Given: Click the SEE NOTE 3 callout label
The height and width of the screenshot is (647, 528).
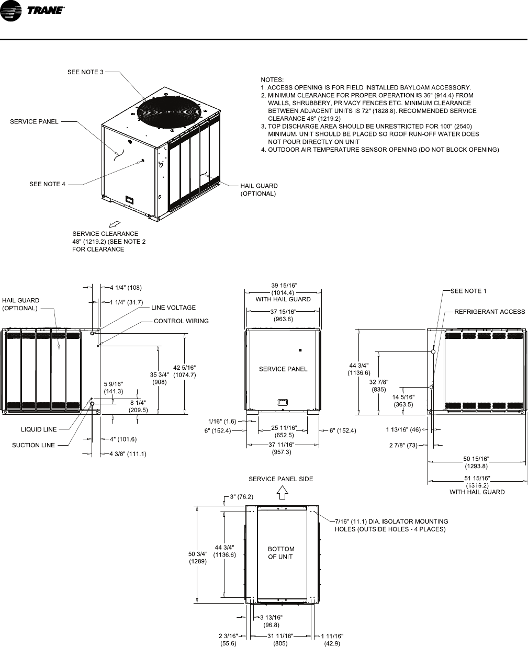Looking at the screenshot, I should (85, 72).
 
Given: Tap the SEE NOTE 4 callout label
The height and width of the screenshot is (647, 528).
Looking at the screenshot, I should (48, 184).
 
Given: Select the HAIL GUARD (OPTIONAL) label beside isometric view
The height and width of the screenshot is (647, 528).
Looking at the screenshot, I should (259, 189).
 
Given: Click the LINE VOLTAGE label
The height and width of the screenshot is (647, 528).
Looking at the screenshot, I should (173, 308).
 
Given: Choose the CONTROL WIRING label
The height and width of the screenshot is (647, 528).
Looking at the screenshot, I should (181, 321).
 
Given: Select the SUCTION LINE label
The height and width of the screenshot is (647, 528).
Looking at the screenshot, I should (33, 445).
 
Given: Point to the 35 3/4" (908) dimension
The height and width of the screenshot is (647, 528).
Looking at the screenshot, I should (159, 378).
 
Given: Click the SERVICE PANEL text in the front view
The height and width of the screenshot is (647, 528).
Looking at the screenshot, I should (283, 369).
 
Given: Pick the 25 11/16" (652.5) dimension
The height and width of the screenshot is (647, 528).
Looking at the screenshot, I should (285, 431).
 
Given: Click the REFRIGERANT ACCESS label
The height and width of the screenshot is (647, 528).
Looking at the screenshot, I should (489, 312).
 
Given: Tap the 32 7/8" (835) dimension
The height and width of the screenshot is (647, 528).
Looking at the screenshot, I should (378, 385).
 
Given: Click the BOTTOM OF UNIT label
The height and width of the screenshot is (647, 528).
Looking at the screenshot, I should (281, 553).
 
